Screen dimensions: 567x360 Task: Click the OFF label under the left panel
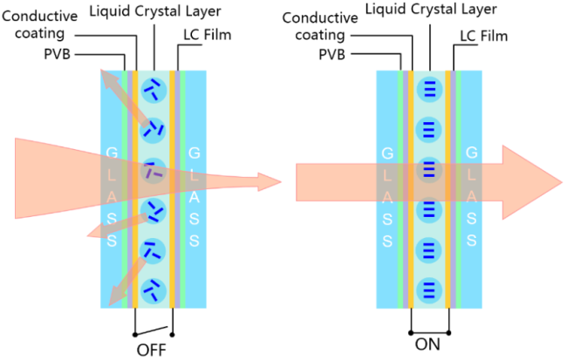coord(151,350)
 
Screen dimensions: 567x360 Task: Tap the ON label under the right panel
coord(427,344)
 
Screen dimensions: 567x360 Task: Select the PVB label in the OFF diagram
coord(57,54)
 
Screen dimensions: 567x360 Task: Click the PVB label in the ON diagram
coord(331,55)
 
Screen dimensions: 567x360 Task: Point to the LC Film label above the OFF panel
coord(208,35)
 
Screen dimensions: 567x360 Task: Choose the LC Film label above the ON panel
coord(484,36)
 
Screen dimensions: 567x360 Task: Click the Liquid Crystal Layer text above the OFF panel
coord(155,11)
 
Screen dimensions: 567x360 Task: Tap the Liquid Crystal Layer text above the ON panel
coord(431,10)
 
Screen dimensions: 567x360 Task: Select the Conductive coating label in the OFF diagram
coord(40,24)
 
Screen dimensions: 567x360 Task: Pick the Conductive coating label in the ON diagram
coord(320,26)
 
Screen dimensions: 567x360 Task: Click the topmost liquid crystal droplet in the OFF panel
coord(154,90)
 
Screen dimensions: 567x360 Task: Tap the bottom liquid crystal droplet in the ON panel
coord(429,290)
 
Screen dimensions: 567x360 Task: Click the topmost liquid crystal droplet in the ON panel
coord(429,90)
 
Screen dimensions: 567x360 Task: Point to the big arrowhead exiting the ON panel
coord(531,182)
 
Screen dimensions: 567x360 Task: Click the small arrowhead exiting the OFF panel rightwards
coord(270,182)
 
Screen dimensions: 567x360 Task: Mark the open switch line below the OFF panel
coord(152,331)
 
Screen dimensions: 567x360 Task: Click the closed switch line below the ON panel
coord(429,333)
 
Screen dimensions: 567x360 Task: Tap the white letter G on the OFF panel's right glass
coord(195,153)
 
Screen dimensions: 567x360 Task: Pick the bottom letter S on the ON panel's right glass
coord(471,241)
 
